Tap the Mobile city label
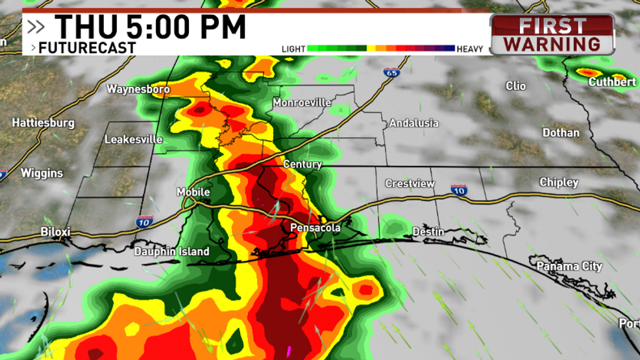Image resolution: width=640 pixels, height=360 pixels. pyautogui.click(x=193, y=192)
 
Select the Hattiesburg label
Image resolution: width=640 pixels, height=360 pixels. pyautogui.click(x=43, y=123)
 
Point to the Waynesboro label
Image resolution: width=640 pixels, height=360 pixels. pyautogui.click(x=138, y=89)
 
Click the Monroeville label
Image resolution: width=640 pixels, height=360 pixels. pyautogui.click(x=302, y=103)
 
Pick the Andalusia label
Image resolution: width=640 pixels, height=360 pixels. pyautogui.click(x=413, y=123)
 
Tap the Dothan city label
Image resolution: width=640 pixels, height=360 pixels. pyautogui.click(x=561, y=132)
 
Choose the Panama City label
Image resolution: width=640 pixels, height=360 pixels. pyautogui.click(x=569, y=266)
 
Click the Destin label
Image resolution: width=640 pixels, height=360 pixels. pyautogui.click(x=428, y=232)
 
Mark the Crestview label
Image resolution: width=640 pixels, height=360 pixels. pyautogui.click(x=410, y=184)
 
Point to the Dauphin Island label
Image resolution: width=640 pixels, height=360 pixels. pyautogui.click(x=172, y=252)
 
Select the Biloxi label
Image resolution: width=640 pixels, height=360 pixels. pyautogui.click(x=55, y=232)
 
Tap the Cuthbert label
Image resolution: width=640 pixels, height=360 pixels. pyautogui.click(x=612, y=82)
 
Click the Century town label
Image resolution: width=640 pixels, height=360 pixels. pyautogui.click(x=302, y=164)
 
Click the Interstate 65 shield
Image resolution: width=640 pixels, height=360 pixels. pyautogui.click(x=390, y=73)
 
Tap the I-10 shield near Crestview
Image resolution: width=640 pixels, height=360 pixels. pyautogui.click(x=459, y=189)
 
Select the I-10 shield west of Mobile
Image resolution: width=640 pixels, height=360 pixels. pyautogui.click(x=145, y=222)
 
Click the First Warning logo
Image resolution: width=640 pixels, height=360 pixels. pyautogui.click(x=552, y=34)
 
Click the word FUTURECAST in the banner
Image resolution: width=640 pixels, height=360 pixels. pyautogui.click(x=87, y=47)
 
